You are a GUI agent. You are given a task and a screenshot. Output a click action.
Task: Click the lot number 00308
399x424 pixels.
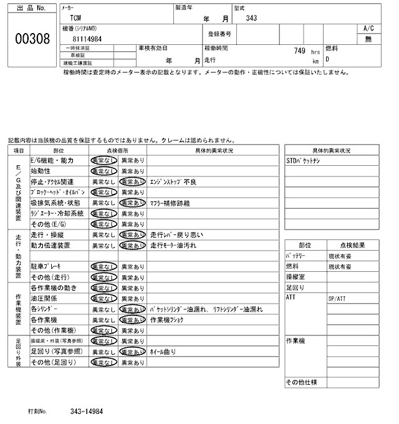point(32,39)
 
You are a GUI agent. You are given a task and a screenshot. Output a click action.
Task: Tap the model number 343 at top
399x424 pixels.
point(251,18)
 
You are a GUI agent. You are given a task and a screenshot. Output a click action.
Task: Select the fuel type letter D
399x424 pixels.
point(329,60)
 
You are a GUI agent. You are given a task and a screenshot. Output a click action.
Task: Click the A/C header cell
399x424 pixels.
point(368,29)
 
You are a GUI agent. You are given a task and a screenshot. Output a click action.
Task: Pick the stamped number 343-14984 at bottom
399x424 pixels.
point(87,412)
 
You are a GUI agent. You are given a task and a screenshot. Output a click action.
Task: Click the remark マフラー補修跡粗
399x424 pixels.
point(171,203)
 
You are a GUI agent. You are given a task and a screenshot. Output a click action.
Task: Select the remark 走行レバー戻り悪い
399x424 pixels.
point(177,235)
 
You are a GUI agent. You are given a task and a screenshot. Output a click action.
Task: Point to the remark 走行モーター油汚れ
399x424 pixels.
point(177,246)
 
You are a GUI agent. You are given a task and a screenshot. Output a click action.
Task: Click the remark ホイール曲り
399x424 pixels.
point(164,352)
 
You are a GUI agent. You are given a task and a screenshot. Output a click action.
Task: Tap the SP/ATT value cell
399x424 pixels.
point(337,299)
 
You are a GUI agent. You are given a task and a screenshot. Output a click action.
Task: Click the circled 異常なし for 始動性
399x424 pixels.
point(103,171)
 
